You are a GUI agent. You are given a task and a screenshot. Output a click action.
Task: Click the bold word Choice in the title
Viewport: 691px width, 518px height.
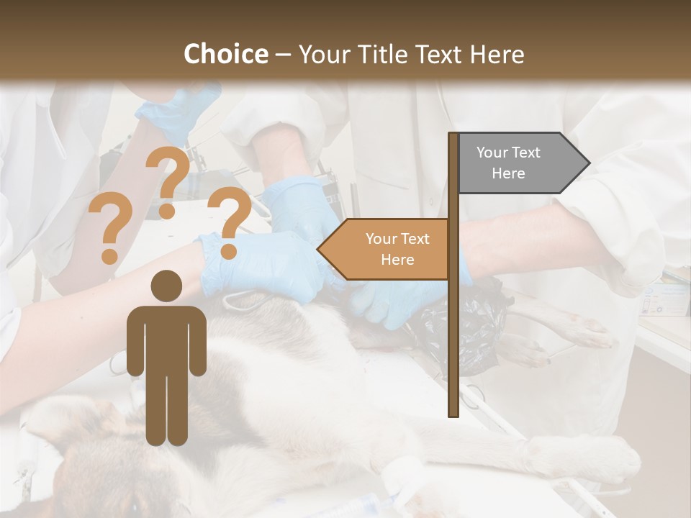tap(225, 55)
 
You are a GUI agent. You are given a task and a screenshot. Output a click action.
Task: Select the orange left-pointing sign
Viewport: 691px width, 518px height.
tap(385, 249)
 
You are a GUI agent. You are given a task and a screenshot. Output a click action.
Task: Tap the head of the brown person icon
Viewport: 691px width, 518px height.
tap(167, 286)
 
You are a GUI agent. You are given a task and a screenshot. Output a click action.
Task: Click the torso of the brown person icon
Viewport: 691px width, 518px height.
tap(166, 338)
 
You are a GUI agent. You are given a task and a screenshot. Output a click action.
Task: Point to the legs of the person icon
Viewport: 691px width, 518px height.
tap(166, 410)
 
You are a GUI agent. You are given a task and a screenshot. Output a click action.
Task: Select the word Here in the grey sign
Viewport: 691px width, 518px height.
tap(508, 173)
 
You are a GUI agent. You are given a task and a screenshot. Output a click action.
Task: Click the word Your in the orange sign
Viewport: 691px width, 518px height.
tap(381, 239)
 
